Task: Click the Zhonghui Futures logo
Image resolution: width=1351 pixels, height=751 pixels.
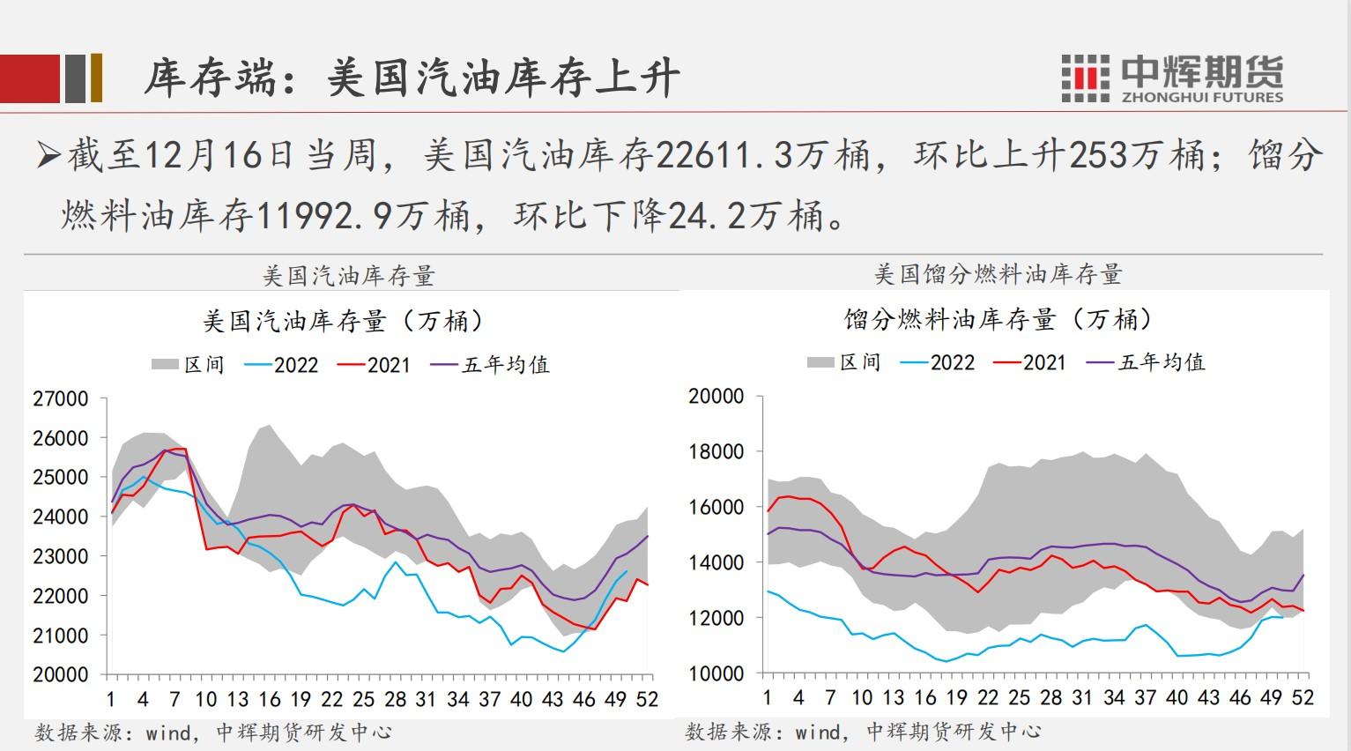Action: [1172, 78]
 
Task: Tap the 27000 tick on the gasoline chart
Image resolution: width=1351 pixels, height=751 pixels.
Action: [61, 398]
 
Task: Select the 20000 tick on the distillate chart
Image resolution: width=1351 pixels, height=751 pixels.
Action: [716, 397]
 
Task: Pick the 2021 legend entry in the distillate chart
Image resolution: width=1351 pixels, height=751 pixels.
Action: [1030, 362]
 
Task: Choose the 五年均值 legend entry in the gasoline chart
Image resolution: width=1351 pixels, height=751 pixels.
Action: [492, 365]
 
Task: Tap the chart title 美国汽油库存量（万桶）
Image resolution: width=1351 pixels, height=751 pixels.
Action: [343, 321]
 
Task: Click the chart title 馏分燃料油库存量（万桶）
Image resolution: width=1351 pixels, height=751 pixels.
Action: [998, 319]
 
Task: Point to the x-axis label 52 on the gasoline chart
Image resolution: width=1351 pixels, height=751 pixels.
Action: [647, 699]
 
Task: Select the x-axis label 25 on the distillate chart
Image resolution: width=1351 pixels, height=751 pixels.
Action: [1019, 697]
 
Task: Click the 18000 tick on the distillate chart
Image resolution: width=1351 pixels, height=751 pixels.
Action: [716, 452]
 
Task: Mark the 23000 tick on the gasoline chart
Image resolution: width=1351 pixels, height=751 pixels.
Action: [61, 556]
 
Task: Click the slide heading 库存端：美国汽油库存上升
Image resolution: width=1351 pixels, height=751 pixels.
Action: [412, 78]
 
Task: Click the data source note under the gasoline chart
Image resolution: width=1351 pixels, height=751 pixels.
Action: [212, 732]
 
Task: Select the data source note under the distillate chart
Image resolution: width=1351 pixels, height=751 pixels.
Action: [863, 731]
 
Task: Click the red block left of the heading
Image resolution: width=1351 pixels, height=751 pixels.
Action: [30, 78]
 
